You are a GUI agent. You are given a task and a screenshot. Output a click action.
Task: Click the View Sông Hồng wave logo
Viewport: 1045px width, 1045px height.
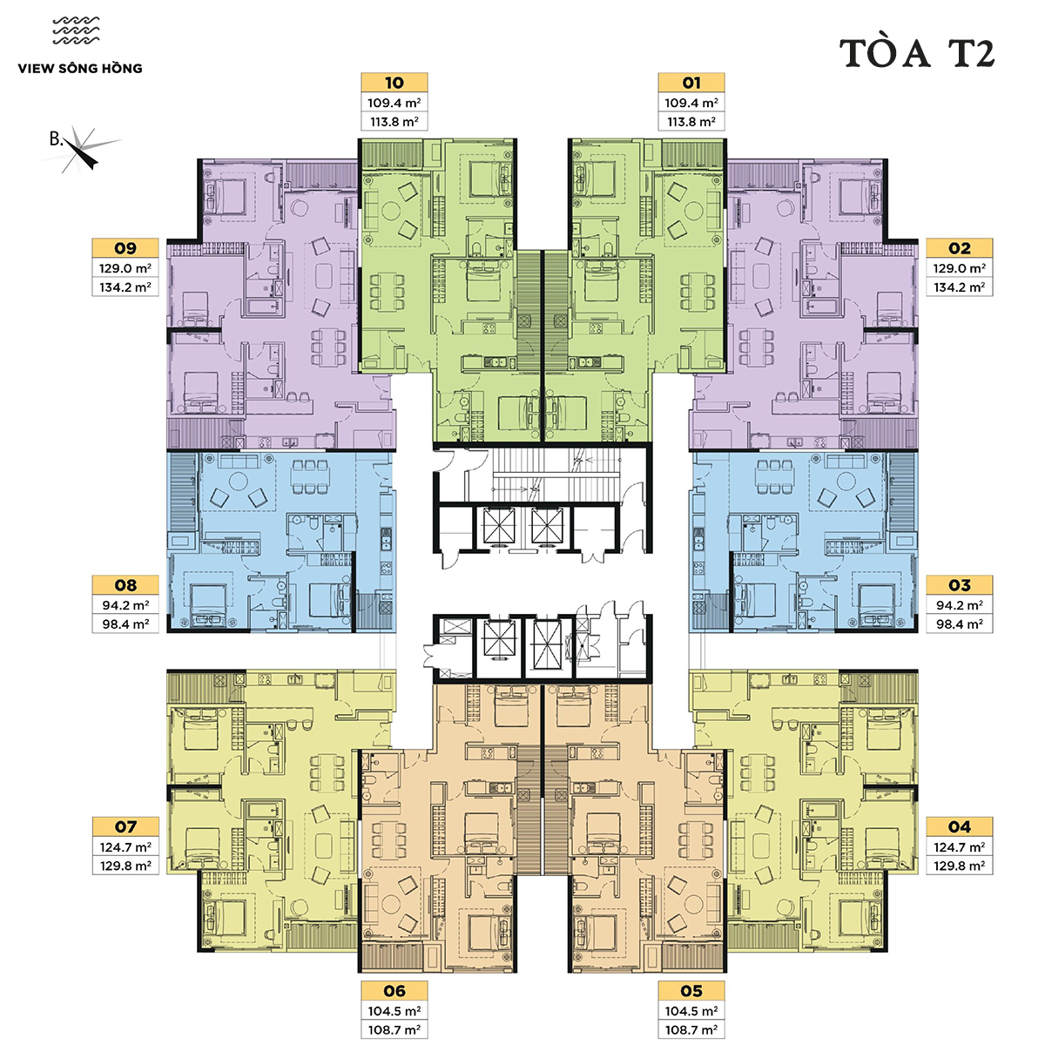point(77,30)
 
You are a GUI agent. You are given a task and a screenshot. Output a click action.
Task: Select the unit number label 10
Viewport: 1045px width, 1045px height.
point(394,83)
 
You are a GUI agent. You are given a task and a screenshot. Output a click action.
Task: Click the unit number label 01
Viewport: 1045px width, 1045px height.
point(691,83)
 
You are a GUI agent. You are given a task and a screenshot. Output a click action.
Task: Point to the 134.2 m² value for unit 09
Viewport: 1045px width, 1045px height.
point(125,287)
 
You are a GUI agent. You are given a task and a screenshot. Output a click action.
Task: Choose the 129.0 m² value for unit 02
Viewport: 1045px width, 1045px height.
point(960,268)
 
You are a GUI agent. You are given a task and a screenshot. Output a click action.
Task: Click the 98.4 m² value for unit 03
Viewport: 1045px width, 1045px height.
point(960,624)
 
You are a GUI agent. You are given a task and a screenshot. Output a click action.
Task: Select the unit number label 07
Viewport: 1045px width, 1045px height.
point(125,826)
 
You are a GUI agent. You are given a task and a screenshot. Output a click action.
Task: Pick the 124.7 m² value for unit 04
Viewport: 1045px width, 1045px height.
point(960,846)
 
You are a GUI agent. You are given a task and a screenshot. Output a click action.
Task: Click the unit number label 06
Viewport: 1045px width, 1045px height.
point(394,991)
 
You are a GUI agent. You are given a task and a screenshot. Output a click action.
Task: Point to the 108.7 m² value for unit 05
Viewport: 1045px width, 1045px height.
point(691,1029)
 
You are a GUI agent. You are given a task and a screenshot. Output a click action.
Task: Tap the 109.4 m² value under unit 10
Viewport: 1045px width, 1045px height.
point(394,103)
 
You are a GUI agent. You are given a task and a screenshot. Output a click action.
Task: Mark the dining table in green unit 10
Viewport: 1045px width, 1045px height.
point(388,293)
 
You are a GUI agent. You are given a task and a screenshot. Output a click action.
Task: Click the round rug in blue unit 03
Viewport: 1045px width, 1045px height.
point(846,481)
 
